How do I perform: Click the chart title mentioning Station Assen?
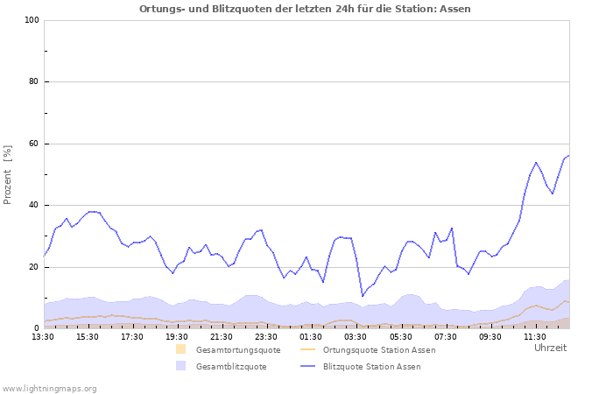pyautogui.click(x=305, y=9)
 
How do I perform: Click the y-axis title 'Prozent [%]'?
pyautogui.click(x=8, y=174)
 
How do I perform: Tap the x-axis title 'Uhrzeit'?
pyautogui.click(x=550, y=348)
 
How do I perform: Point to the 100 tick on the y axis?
pyautogui.click(x=32, y=20)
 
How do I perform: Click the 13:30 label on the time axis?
pyautogui.click(x=44, y=336)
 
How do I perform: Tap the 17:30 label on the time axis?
pyautogui.click(x=133, y=336)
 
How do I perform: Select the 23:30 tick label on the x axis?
pyautogui.click(x=266, y=336)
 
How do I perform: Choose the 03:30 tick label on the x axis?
pyautogui.click(x=356, y=336)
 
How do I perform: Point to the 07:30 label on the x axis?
pyautogui.click(x=445, y=336)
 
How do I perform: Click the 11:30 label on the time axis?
pyautogui.click(x=534, y=336)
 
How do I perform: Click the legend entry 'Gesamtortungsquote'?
pyautogui.click(x=238, y=350)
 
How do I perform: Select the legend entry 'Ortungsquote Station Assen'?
pyautogui.click(x=378, y=350)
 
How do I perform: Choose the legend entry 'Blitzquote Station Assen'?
pyautogui.click(x=371, y=367)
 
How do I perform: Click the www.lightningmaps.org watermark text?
pyautogui.click(x=49, y=388)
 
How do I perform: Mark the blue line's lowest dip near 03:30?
pyautogui.click(x=363, y=296)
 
